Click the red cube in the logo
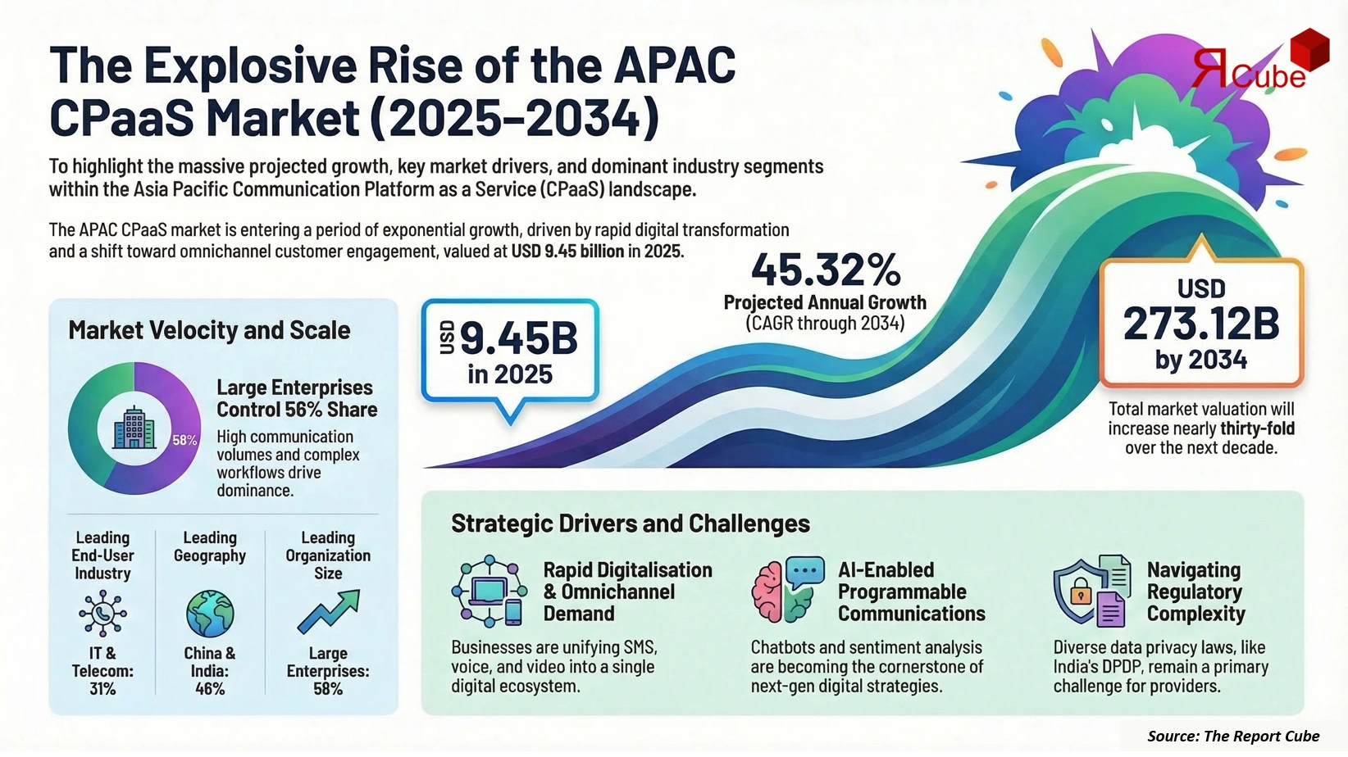(1309, 50)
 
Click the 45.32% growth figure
(825, 270)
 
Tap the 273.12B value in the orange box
(1201, 324)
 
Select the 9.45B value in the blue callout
(518, 338)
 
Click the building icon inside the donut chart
(134, 428)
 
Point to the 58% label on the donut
(184, 440)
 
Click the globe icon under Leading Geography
(210, 613)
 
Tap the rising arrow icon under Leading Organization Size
(328, 612)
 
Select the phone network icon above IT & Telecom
(102, 613)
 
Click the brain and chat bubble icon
(787, 590)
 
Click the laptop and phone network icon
(489, 591)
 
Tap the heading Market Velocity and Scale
(209, 330)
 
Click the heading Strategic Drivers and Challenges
(630, 524)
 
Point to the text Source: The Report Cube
(1233, 736)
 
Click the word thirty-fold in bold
(1257, 428)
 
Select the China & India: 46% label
(210, 671)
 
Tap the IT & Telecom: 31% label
(102, 671)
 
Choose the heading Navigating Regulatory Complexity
(1195, 592)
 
